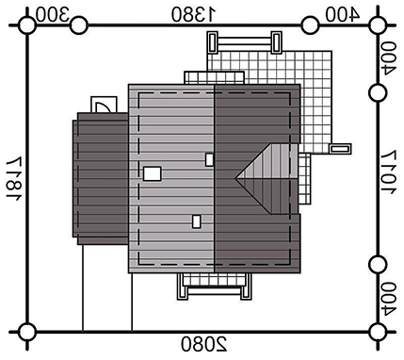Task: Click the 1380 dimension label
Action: pos(194,14)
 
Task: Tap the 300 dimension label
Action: pos(53,14)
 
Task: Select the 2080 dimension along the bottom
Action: pos(204,344)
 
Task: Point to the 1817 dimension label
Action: pos(14,179)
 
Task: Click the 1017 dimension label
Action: pos(389,172)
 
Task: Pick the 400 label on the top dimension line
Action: pos(342,14)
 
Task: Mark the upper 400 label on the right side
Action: pos(389,58)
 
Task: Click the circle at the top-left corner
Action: pos(27,25)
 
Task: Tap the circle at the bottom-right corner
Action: pos(377,332)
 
